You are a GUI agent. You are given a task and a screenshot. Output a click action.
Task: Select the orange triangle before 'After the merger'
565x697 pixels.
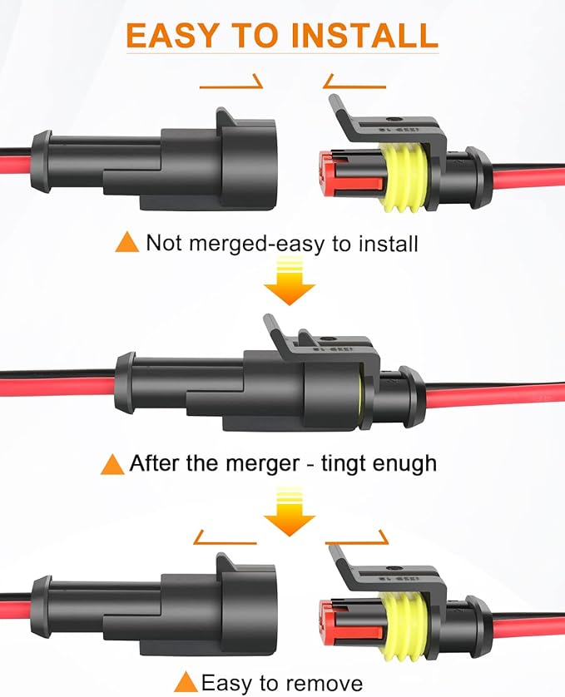click(112, 463)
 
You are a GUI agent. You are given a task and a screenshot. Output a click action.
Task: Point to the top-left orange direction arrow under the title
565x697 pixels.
click(231, 83)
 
